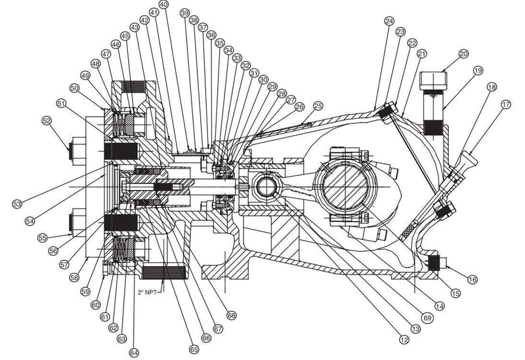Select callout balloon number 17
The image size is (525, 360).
pos(506,104)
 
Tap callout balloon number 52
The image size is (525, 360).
pos(47,121)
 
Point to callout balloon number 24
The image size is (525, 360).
pos(389,22)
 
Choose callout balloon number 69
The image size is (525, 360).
pos(427,317)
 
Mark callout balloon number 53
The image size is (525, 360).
pos(17,205)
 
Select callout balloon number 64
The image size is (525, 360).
pos(134,353)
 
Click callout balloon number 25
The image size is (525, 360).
pos(318,106)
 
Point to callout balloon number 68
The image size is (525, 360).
pos(231,315)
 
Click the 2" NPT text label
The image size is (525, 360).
pos(148,290)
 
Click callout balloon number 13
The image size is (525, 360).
pos(414,328)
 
